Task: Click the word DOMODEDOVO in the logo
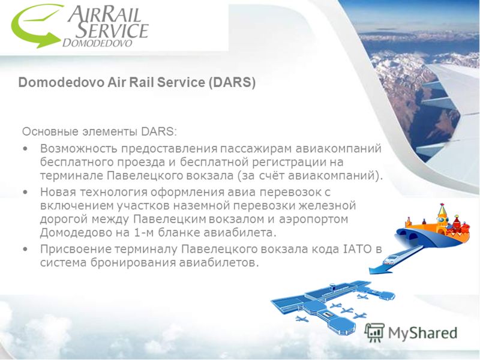click(x=97, y=43)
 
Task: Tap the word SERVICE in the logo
click(x=112, y=30)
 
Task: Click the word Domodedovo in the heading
click(x=61, y=82)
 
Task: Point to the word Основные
click(x=50, y=131)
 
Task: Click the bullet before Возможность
click(x=25, y=149)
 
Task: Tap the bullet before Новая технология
click(x=25, y=192)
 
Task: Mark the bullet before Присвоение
click(x=25, y=249)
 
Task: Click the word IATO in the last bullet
click(x=356, y=249)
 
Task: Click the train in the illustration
click(x=393, y=258)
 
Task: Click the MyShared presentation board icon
click(x=374, y=333)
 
